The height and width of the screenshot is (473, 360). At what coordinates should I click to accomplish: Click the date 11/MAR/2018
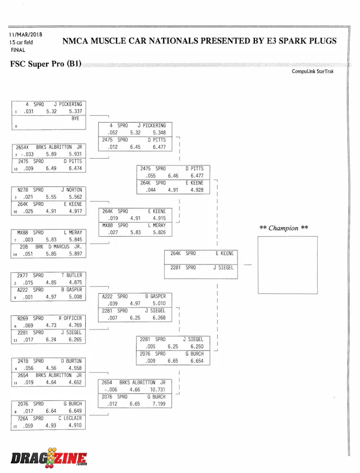click(26, 35)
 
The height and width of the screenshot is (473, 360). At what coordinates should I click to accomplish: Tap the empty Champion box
click(284, 265)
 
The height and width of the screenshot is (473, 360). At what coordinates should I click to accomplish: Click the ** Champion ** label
click(284, 228)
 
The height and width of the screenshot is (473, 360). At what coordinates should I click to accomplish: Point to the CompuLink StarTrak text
click(312, 72)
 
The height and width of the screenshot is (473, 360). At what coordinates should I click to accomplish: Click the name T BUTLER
click(72, 275)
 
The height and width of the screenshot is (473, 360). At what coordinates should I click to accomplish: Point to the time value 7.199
click(159, 404)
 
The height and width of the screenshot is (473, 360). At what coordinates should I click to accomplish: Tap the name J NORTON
click(72, 190)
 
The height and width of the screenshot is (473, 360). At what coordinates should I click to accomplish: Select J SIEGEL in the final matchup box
click(223, 268)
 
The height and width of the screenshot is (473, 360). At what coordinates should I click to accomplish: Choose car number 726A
click(24, 419)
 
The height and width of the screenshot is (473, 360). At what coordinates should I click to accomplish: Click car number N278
click(22, 190)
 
